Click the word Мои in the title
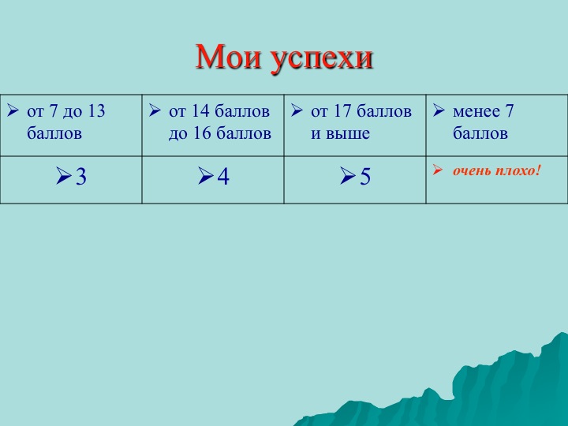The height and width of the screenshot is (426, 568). pos(228,57)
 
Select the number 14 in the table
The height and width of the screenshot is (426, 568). pos(200,111)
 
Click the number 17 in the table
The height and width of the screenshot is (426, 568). pos(342,111)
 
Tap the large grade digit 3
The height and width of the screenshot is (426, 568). pos(81,177)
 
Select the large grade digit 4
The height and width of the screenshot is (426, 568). pos(223,177)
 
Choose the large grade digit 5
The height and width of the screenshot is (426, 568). pos(365,177)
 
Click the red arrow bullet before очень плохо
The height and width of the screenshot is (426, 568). pos(438,170)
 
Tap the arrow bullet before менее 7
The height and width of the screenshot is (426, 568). pos(439,110)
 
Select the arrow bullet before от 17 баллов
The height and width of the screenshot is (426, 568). pos(297,110)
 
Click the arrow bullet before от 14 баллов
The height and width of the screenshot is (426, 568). pos(155,110)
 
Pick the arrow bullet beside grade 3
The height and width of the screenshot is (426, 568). pos(64,176)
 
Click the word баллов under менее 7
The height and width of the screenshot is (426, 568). pos(480,133)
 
